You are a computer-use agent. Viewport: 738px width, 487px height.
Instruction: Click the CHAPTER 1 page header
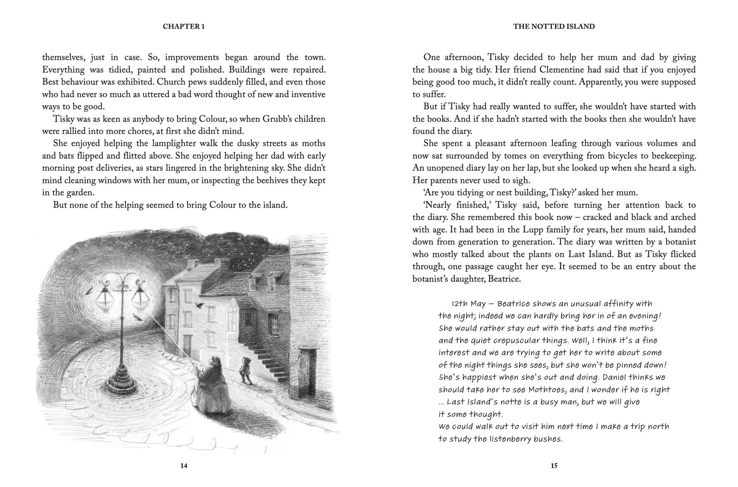pyautogui.click(x=184, y=27)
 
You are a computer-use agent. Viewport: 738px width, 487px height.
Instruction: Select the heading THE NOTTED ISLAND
pyautogui.click(x=554, y=27)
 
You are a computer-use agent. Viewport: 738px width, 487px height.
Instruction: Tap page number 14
pyautogui.click(x=184, y=466)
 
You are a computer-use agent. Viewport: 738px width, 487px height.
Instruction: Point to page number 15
pyautogui.click(x=554, y=466)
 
